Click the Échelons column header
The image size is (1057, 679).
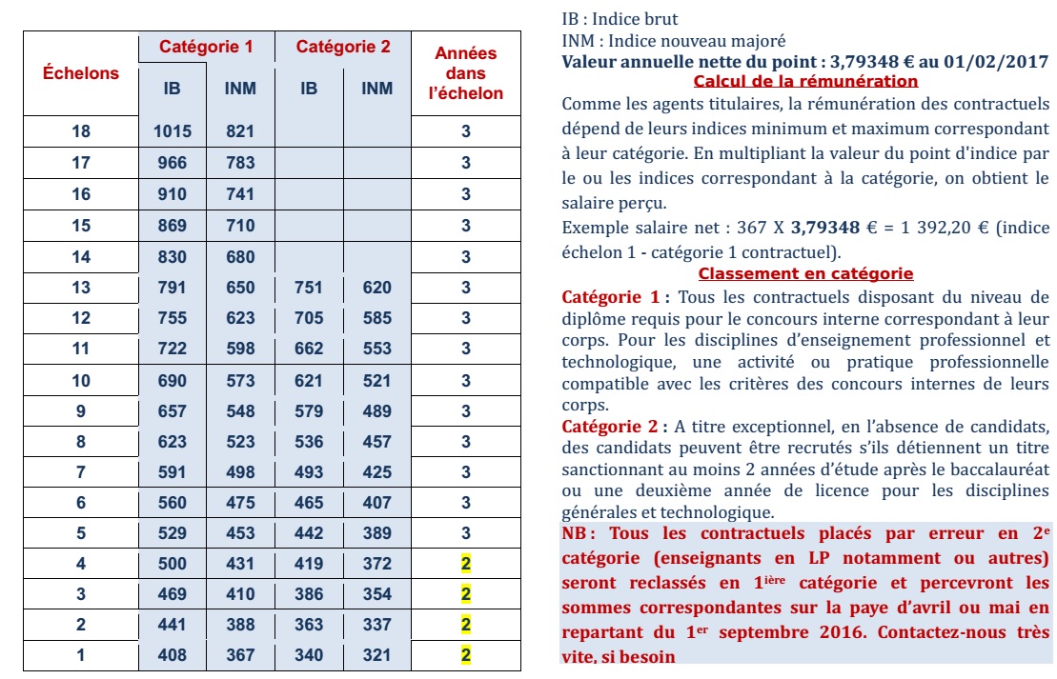click(x=81, y=73)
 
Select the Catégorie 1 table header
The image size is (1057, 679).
click(x=206, y=47)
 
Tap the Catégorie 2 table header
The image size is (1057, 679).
click(x=343, y=47)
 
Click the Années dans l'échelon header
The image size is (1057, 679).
click(x=466, y=73)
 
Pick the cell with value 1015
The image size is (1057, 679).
click(x=173, y=132)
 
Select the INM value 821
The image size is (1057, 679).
click(x=240, y=132)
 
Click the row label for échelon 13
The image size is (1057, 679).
click(x=81, y=288)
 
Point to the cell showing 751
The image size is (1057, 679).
click(x=309, y=288)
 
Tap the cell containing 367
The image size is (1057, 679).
click(x=240, y=655)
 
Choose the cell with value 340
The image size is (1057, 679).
click(x=309, y=655)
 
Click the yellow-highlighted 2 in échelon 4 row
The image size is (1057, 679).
click(x=466, y=564)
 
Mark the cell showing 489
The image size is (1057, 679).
click(x=377, y=411)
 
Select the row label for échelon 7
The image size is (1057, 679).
click(x=81, y=472)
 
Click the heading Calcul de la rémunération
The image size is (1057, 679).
click(x=805, y=82)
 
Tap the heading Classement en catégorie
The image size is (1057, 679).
click(x=805, y=274)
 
